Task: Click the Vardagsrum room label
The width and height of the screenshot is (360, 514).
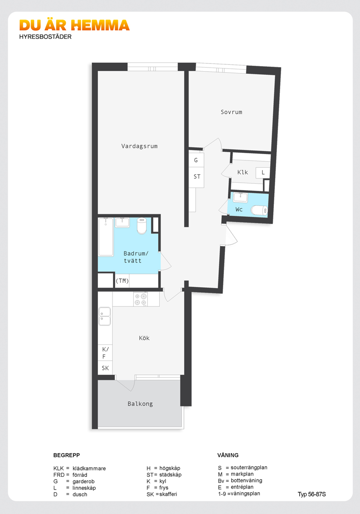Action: (139, 146)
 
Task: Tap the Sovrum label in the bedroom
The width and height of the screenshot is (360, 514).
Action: (232, 112)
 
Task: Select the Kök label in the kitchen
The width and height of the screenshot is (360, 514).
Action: (144, 338)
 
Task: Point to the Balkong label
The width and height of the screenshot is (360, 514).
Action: (141, 404)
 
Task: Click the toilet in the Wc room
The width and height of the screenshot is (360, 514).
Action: (259, 210)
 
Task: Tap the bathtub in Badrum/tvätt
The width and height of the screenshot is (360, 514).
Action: (106, 237)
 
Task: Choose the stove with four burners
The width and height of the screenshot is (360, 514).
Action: (141, 299)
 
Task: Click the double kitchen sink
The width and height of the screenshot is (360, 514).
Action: (105, 316)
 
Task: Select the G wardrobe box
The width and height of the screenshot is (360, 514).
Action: (196, 160)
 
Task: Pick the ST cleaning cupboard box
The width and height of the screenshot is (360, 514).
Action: (196, 177)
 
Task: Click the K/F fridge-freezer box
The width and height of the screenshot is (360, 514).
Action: (105, 353)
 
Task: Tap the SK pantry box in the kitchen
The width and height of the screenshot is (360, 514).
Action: (105, 368)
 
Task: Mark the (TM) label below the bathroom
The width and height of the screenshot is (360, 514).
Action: (122, 281)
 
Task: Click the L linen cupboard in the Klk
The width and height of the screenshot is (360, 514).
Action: (263, 173)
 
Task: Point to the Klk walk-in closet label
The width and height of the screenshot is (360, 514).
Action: (243, 172)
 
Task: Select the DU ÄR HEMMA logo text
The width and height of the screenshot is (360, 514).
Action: (74, 25)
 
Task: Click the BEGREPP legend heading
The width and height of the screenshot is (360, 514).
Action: (67, 455)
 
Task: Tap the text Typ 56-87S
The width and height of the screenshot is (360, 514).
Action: (312, 495)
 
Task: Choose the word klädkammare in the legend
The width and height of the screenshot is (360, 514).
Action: (89, 468)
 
